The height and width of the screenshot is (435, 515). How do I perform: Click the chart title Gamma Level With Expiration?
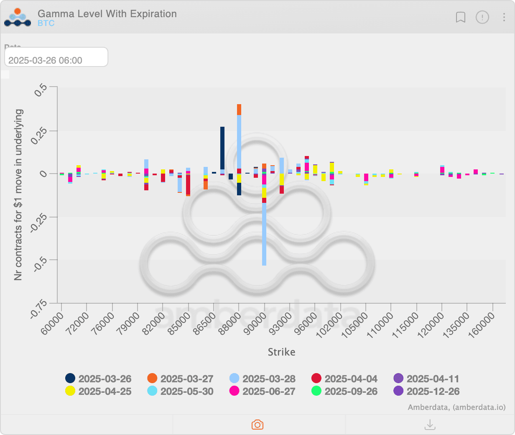point(107,14)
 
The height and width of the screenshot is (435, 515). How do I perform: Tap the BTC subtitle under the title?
point(46,23)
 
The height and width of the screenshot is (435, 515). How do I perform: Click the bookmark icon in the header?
point(460,17)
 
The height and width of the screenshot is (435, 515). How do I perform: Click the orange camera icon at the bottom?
point(257,425)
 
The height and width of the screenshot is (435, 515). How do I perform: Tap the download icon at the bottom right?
point(430,425)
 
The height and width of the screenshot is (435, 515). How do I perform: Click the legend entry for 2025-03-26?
point(99,379)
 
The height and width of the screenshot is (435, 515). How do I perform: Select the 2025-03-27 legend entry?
point(181,379)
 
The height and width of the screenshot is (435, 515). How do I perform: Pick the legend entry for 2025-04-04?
point(345,379)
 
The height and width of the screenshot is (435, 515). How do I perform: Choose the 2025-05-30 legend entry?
point(181,391)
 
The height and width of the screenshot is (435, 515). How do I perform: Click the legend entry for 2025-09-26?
point(345,391)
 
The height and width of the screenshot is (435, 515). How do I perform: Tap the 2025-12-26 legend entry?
point(427,391)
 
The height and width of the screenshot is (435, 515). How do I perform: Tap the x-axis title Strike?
point(281,352)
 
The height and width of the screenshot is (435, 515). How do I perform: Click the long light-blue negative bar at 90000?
point(264,234)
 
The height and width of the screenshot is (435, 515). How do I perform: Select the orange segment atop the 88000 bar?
point(239,110)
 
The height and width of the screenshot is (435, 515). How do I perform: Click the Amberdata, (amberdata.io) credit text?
point(456,407)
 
